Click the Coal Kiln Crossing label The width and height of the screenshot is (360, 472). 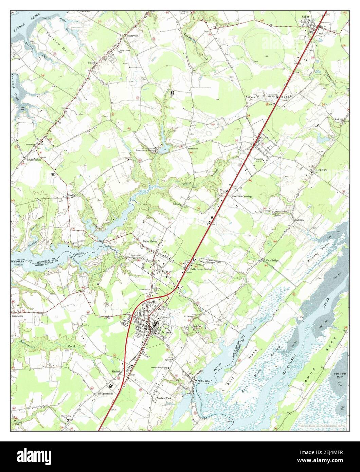coord(241,197)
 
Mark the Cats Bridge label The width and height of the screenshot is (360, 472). coord(272,260)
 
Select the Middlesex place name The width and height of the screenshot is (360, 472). coord(192,148)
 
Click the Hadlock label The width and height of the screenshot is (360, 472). coord(116,372)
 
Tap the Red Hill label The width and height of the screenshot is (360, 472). coord(339,120)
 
